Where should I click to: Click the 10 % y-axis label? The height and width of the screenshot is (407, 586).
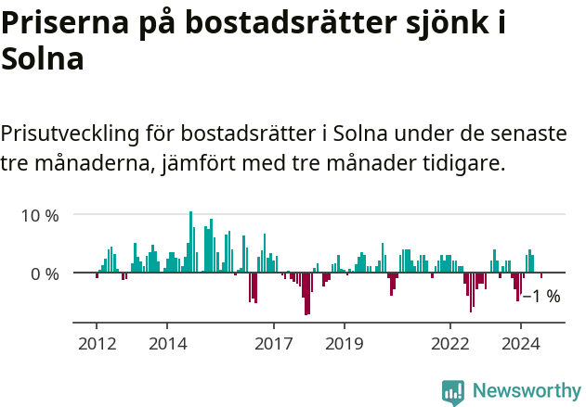(40, 215)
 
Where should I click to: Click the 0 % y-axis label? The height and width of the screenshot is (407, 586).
(45, 273)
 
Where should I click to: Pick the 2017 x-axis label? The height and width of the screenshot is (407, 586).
(273, 343)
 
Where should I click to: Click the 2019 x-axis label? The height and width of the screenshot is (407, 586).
(344, 343)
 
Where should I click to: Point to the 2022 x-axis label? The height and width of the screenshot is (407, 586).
(450, 343)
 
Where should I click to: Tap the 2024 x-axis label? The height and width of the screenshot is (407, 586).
(521, 343)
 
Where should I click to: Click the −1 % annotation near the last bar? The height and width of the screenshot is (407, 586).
(541, 297)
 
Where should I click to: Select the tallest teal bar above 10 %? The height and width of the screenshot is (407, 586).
(190, 241)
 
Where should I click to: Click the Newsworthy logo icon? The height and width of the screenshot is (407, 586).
(453, 391)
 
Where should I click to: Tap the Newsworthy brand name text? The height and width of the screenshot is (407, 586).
(526, 391)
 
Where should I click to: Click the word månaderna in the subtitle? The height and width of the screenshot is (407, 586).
(86, 165)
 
